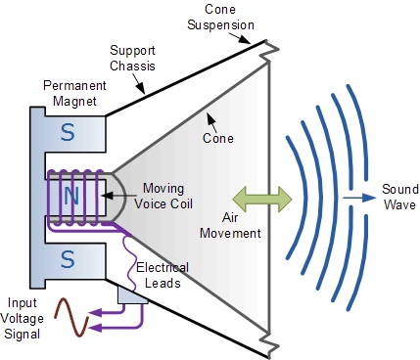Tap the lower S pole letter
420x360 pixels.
(67, 260)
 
